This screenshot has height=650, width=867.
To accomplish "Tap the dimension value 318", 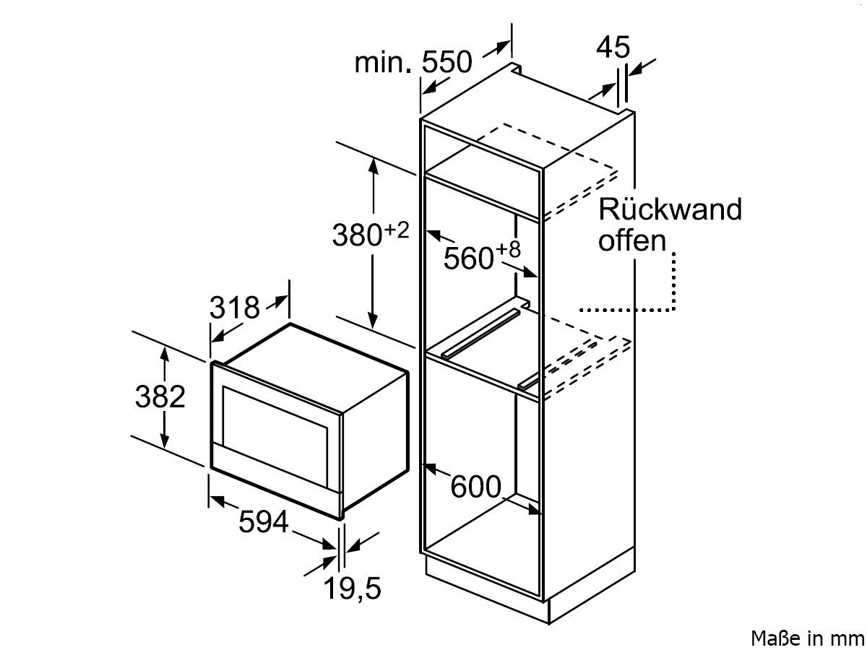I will coord(234,308).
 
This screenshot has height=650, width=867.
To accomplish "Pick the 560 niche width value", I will coord(467,258).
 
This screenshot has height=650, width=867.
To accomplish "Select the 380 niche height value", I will coord(356,235).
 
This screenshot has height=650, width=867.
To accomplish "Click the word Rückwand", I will coord(670,209).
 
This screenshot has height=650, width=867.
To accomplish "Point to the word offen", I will coord(631,240).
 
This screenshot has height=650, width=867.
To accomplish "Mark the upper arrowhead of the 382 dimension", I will coord(165,353).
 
